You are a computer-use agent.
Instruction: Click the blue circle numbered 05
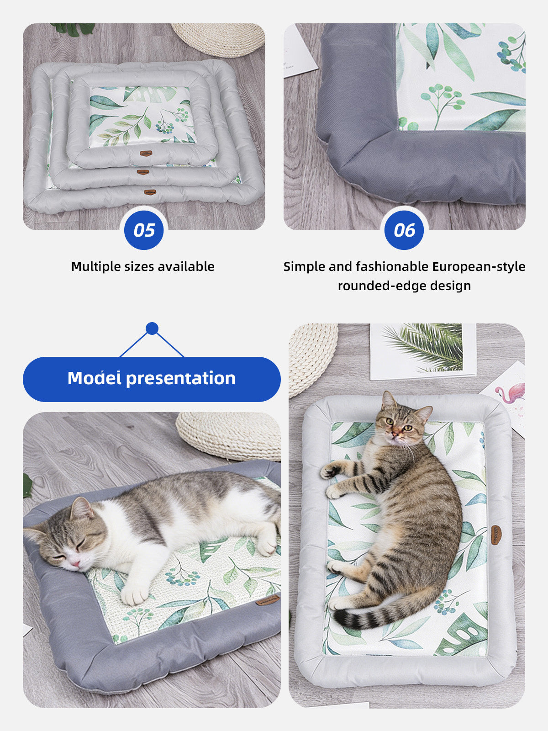pyautogui.click(x=144, y=230)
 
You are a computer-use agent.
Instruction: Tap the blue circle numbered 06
pyautogui.click(x=404, y=230)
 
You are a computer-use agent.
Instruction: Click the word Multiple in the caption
pyautogui.click(x=95, y=267)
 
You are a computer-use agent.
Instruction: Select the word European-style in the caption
pyautogui.click(x=479, y=267)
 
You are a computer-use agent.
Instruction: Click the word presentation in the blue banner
pyautogui.click(x=181, y=379)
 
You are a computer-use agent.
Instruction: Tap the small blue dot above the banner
pyautogui.click(x=152, y=328)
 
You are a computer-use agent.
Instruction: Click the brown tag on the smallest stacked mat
pyautogui.click(x=146, y=154)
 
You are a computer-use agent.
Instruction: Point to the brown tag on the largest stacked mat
pyautogui.click(x=150, y=192)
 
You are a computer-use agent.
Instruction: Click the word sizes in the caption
pyautogui.click(x=139, y=267)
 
